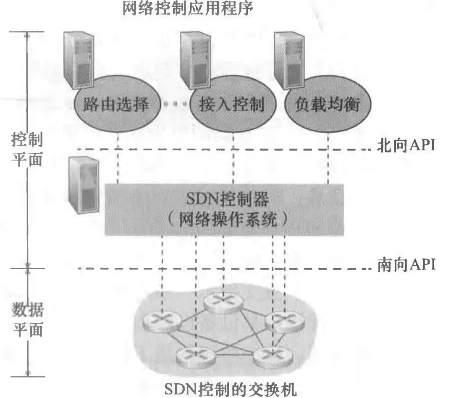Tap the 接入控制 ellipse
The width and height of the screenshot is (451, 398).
click(x=232, y=105)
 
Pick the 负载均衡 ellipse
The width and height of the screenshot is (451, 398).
click(x=328, y=105)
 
